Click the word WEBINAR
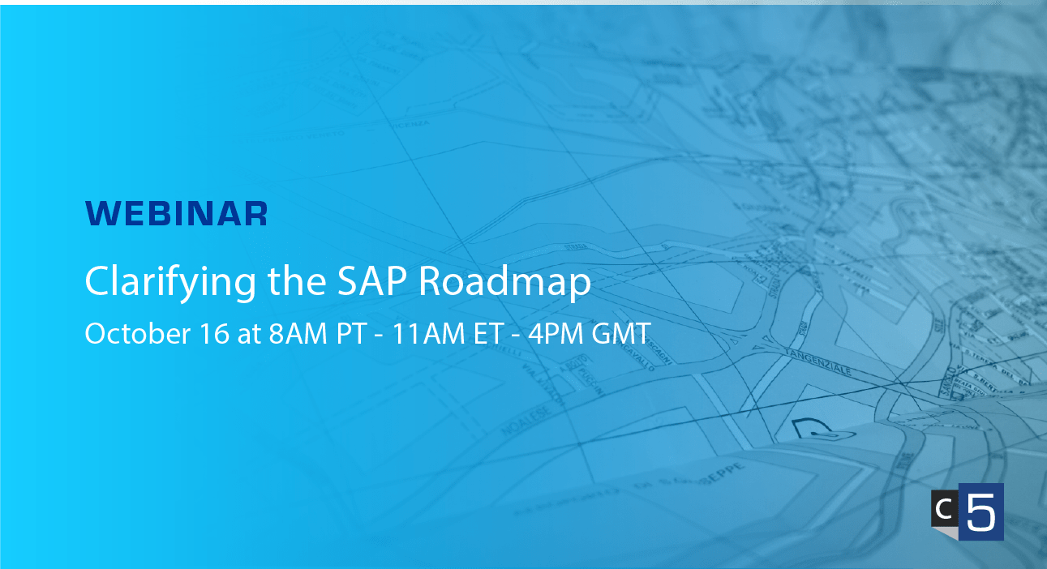point(176,213)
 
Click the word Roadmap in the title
point(507,282)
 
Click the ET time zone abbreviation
point(486,334)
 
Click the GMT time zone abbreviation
point(621,334)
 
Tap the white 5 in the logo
point(980,512)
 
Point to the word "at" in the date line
point(249,334)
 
